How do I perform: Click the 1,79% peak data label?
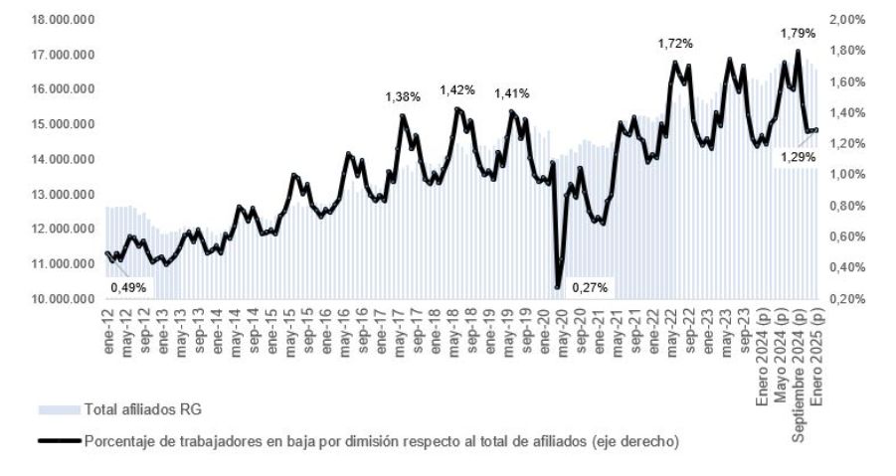tap(798, 33)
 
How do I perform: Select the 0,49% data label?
tap(127, 287)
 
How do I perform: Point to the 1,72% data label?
tap(675, 44)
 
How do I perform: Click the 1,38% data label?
tap(403, 96)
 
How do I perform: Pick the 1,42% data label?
tap(457, 89)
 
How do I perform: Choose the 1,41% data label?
tap(512, 93)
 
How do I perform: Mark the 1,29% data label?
tap(798, 157)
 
